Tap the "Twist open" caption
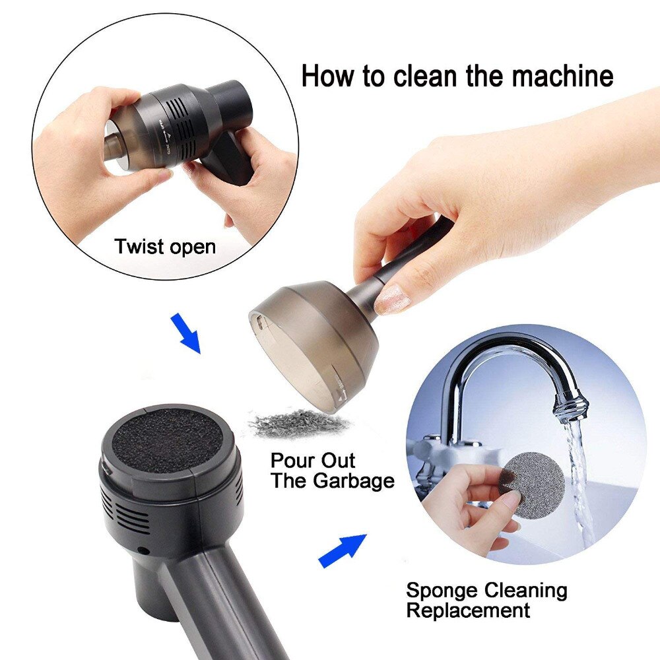(x=165, y=247)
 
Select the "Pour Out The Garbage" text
(x=332, y=470)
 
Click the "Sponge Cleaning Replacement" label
(x=486, y=599)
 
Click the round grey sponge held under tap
(x=533, y=484)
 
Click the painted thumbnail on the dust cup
(x=394, y=298)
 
